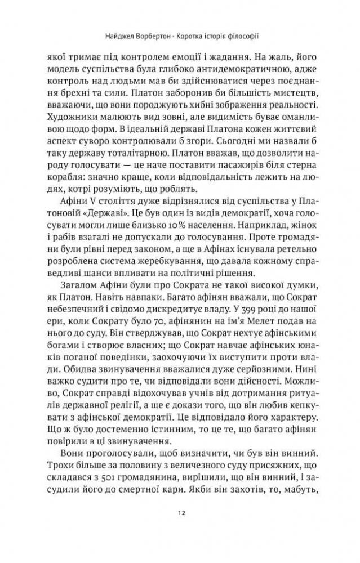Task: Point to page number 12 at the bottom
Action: tap(180, 529)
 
